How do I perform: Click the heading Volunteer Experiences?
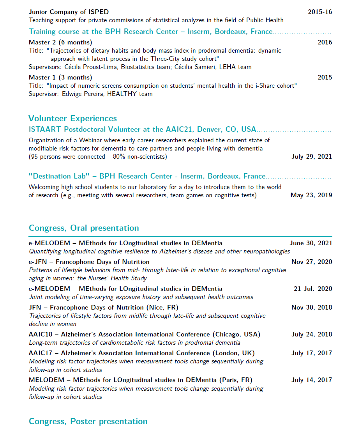tap(73, 119)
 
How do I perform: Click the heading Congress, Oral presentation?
tap(84, 228)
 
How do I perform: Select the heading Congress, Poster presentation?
tap(88, 421)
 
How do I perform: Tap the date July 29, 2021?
tap(312, 157)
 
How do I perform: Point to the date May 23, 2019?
tap(311, 195)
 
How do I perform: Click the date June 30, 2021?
tap(311, 243)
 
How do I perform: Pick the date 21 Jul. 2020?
tap(313, 289)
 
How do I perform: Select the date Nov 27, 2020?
tap(312, 262)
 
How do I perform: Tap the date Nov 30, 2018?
tap(312, 308)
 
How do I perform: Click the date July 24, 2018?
tap(312, 335)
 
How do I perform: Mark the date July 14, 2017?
tap(312, 380)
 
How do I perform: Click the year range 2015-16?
tap(320, 12)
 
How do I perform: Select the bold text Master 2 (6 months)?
tap(60, 42)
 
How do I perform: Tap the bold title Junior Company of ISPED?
tap(69, 12)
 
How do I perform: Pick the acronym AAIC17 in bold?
tap(40, 353)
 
